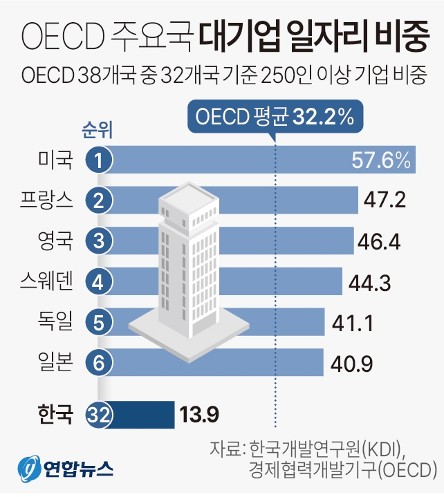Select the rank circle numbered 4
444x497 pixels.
[100, 281]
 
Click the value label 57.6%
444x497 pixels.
[382, 162]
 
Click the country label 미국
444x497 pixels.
[55, 162]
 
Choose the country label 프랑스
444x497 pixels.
[46, 201]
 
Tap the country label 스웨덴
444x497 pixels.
[46, 281]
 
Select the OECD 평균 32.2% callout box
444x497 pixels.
[275, 118]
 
